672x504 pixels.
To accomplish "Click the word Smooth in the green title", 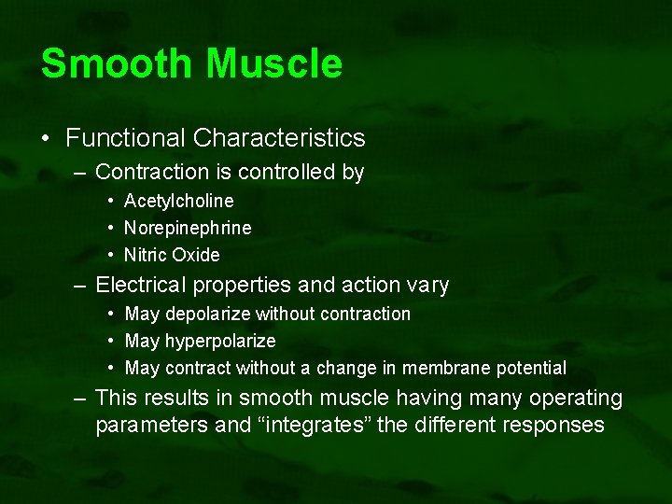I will coord(118,63).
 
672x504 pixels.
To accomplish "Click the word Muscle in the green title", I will coord(274,63).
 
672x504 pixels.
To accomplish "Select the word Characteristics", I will coord(279,138).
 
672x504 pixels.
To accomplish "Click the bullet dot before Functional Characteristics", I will coord(46,139).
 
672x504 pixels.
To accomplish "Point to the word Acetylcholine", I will coord(178,201).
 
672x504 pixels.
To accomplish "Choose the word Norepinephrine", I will coord(188,228).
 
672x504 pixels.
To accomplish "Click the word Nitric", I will coord(146,255).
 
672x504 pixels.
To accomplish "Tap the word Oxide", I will coord(196,255).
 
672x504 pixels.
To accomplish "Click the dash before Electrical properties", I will coord(82,286).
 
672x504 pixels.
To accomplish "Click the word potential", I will coord(533,368).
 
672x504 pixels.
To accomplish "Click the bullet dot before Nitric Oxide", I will coord(111,256).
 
